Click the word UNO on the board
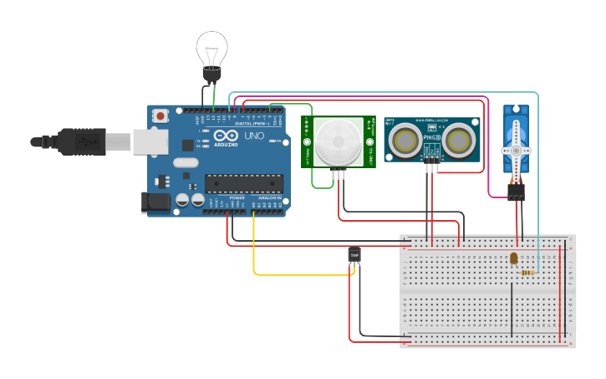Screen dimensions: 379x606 click(x=253, y=136)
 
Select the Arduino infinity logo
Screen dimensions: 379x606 click(x=225, y=136)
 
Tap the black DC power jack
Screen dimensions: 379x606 click(x=155, y=202)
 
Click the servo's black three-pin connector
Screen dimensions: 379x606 click(x=517, y=193)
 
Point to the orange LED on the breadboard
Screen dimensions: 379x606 click(x=513, y=259)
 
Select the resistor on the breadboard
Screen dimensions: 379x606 click(x=527, y=272)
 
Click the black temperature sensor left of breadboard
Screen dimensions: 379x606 click(x=354, y=254)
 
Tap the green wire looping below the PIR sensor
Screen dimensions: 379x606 click(x=321, y=187)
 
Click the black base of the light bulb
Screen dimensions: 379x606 click(x=211, y=75)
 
